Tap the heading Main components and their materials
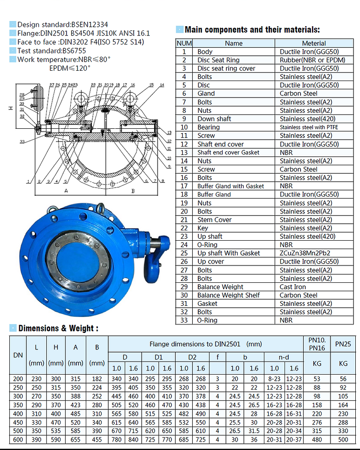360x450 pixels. pos(252,30)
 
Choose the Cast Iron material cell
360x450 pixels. pos(292,287)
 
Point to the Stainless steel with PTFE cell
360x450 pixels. pos(308,127)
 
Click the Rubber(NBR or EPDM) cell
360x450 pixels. pos(312,60)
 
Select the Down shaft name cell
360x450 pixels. pos(214,119)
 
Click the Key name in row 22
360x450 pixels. pos(202,228)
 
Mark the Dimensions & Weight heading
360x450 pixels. pos(58,328)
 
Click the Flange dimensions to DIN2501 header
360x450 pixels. pos(205,344)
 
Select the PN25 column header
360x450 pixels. pos(343,344)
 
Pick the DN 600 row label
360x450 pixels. pos(18,439)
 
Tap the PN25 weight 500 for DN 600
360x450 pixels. pos(343,439)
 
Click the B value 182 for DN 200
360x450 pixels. pos(97,378)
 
